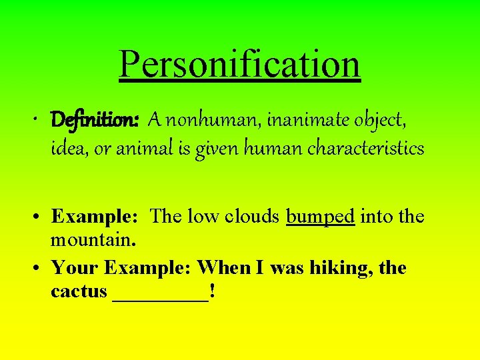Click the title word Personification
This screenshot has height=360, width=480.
pyautogui.click(x=240, y=64)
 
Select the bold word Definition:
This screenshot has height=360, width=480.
pyautogui.click(x=95, y=120)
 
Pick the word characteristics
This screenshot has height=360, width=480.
pyautogui.click(x=365, y=148)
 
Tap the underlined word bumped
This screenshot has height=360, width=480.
pyautogui.click(x=320, y=217)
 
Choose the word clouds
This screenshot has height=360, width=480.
pyautogui.click(x=253, y=217)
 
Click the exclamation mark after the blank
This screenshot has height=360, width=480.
pyautogui.click(x=211, y=291)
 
